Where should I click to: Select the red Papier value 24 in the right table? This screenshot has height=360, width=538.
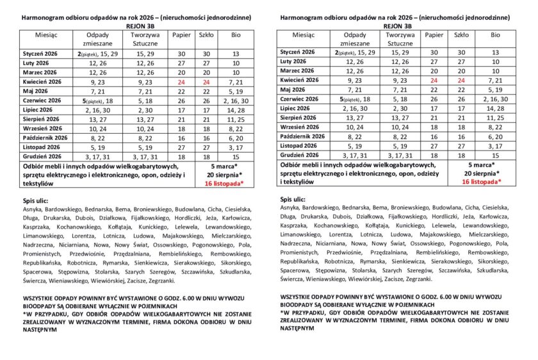434,80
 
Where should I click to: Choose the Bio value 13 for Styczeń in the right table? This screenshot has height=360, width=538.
495,52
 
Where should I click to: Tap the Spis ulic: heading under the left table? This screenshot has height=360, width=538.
37,200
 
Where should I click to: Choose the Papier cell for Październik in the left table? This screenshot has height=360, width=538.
182,138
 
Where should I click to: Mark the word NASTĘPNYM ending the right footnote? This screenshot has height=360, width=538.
298,327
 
